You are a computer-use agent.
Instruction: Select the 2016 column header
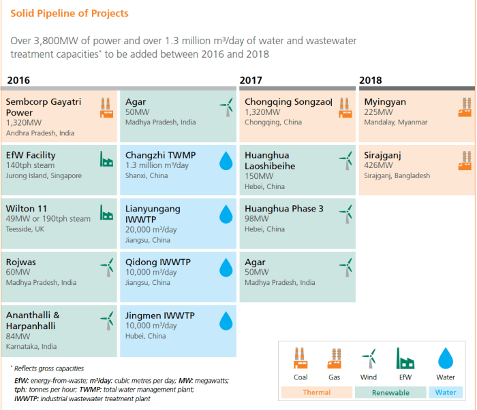pyautogui.click(x=18, y=80)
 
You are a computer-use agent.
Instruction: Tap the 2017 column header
pyautogui.click(x=251, y=80)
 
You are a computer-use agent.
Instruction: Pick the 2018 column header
pyautogui.click(x=370, y=80)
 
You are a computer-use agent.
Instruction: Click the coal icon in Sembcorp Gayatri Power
pyautogui.click(x=106, y=107)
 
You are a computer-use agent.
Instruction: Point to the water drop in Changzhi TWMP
pyautogui.click(x=226, y=160)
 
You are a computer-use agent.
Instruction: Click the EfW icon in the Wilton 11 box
pyautogui.click(x=106, y=213)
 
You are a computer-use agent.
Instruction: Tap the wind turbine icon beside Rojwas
pyautogui.click(x=106, y=266)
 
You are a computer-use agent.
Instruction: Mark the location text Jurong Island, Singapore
pyautogui.click(x=44, y=176)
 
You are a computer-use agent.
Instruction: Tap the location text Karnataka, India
pyautogui.click(x=31, y=346)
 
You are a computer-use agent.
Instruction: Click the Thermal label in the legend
pyautogui.click(x=316, y=392)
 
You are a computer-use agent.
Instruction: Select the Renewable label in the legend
pyautogui.click(x=390, y=392)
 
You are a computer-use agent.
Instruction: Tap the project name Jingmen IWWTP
pyautogui.click(x=159, y=315)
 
